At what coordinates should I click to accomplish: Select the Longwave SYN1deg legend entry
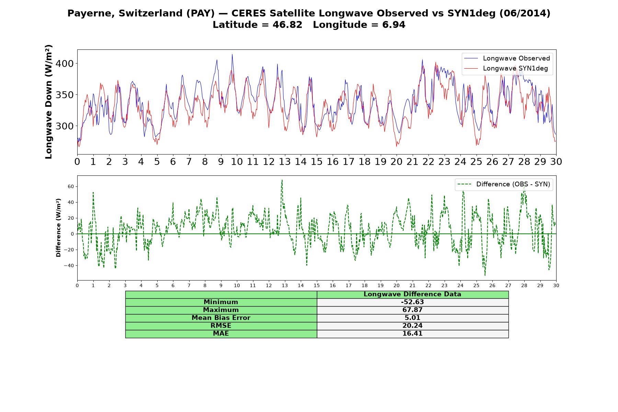pyautogui.click(x=506, y=68)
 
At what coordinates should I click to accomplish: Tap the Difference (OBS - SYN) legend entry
pyautogui.click(x=504, y=184)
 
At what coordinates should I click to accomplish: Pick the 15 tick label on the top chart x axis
pyautogui.click(x=317, y=162)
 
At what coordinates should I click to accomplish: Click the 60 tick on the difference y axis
pyautogui.click(x=71, y=186)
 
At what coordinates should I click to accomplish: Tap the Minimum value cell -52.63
pyautogui.click(x=412, y=302)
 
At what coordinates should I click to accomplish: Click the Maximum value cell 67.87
pyautogui.click(x=412, y=310)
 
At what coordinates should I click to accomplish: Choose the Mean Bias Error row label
pyautogui.click(x=221, y=318)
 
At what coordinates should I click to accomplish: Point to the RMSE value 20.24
pyautogui.click(x=412, y=326)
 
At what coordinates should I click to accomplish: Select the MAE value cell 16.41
pyautogui.click(x=412, y=334)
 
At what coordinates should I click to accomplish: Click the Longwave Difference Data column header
pyautogui.click(x=412, y=294)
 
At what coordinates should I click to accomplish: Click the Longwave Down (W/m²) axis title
pyautogui.click(x=49, y=102)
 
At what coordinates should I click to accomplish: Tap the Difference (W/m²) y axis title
pyautogui.click(x=58, y=228)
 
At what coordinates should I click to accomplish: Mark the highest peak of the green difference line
pyautogui.click(x=282, y=180)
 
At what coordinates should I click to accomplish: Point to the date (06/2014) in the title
pyautogui.click(x=525, y=13)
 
